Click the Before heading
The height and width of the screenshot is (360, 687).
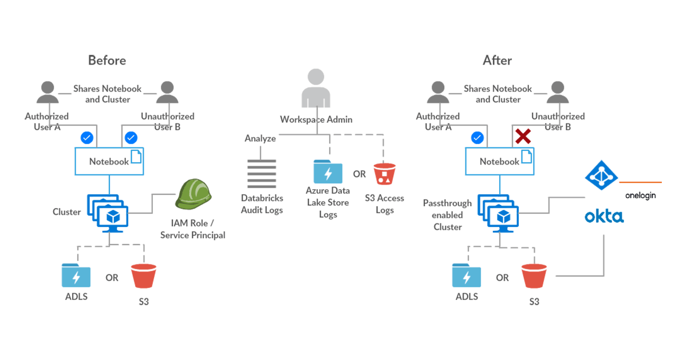tap(107, 61)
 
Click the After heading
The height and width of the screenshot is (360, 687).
tap(497, 61)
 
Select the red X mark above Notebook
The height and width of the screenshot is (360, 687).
tap(522, 137)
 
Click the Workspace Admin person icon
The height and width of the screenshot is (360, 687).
tap(316, 89)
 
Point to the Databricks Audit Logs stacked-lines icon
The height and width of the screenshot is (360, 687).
tap(262, 174)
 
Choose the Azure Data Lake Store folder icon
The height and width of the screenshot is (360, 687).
tap(328, 172)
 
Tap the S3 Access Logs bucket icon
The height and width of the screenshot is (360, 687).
tap(384, 174)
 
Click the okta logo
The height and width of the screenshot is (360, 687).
tap(604, 217)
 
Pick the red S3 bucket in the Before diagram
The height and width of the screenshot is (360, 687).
tap(143, 276)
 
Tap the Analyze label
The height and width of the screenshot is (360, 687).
tap(260, 138)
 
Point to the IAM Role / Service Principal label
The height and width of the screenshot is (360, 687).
tap(193, 229)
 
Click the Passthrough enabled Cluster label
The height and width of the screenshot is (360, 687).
tap(447, 215)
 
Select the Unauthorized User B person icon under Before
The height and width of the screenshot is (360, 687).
tap(167, 93)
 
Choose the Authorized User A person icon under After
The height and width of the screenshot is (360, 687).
tap(438, 93)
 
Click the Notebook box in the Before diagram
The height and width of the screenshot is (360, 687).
tap(109, 162)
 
